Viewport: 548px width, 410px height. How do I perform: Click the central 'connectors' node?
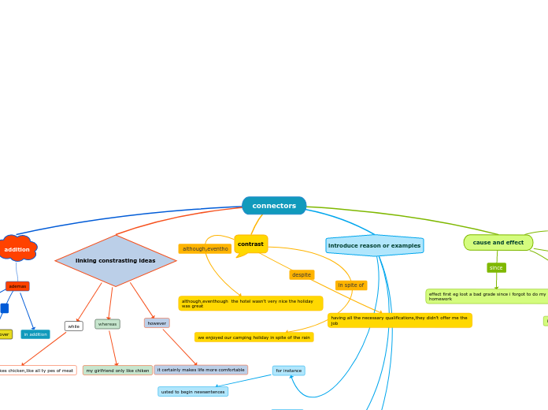coord(274,206)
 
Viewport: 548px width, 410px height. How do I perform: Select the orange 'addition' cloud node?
coord(17,249)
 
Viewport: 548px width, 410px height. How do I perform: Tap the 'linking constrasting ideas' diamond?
coord(116,261)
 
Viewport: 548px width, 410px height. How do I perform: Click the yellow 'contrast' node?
coord(250,244)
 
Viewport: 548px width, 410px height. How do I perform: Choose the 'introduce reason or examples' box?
coord(375,246)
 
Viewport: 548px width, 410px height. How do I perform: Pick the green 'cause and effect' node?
coord(498,243)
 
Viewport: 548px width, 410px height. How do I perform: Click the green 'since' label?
coord(496,268)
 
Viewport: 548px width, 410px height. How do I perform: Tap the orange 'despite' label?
coord(302,275)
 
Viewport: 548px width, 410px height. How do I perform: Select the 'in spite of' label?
coord(351,285)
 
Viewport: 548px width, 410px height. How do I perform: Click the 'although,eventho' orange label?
coord(205,249)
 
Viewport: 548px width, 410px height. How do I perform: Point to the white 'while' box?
coord(73,326)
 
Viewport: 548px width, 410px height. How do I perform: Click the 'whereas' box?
coord(108,324)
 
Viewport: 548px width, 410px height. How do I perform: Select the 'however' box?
coord(157,323)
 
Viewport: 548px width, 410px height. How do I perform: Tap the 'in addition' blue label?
coord(35,334)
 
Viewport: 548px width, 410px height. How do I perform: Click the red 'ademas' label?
coord(17,286)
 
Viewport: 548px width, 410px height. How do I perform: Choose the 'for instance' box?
coord(289,371)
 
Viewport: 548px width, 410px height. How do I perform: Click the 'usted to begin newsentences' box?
coord(193,392)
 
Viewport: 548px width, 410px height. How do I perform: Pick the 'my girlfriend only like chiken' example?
coord(117,371)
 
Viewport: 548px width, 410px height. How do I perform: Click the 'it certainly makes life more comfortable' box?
coord(201,370)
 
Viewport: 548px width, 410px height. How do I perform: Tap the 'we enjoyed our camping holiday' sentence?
coord(254,337)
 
